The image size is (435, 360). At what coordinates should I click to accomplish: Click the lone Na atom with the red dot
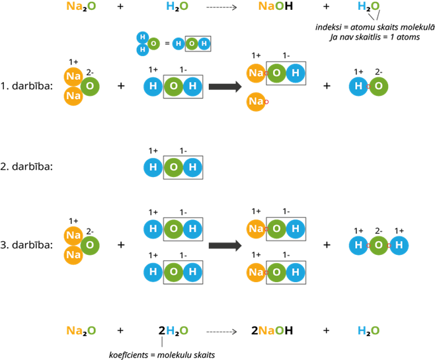[x=256, y=102]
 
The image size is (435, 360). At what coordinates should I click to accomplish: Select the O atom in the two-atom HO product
[x=379, y=87]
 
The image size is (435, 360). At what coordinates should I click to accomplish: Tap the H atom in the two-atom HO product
[x=358, y=87]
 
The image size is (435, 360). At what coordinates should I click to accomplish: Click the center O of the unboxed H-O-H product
[x=379, y=246]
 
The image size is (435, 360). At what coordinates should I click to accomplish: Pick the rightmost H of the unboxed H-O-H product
[x=399, y=246]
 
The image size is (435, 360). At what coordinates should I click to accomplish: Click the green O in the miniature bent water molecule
[x=153, y=44]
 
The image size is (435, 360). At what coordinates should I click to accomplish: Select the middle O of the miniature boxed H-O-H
[x=192, y=44]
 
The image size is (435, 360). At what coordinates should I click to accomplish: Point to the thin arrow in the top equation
[x=221, y=7]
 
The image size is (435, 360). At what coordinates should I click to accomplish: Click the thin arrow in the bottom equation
[x=221, y=332]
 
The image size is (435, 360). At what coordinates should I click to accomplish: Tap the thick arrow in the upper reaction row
[x=225, y=87]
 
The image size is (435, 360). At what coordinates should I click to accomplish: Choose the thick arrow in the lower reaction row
[x=225, y=246]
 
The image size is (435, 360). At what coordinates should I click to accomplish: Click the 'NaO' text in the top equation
[x=271, y=7]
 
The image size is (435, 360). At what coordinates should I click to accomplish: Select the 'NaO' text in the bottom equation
[x=271, y=331]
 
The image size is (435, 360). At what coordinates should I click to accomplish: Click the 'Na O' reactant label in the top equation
[x=81, y=7]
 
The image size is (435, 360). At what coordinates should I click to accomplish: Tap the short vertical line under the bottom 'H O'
[x=162, y=342]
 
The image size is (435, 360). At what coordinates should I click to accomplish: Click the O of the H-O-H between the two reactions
[x=173, y=167]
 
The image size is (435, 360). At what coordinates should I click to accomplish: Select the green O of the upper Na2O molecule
[x=90, y=87]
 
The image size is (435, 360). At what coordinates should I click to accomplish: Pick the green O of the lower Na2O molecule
[x=90, y=246]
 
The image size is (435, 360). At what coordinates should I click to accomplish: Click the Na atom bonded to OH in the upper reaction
[x=256, y=73]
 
